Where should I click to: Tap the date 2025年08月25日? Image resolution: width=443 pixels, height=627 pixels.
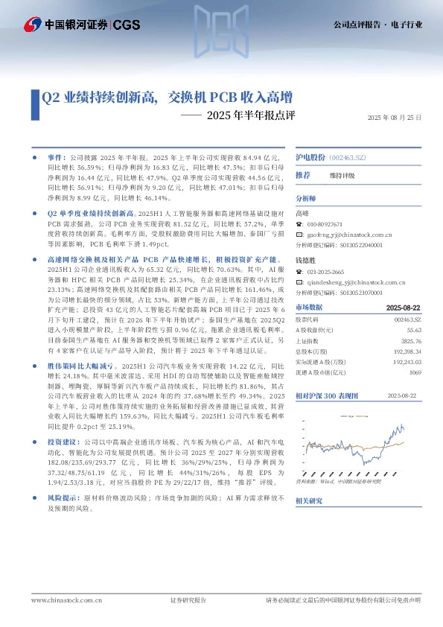pos(394,118)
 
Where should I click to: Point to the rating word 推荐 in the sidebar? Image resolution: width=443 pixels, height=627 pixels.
pos(303,175)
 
